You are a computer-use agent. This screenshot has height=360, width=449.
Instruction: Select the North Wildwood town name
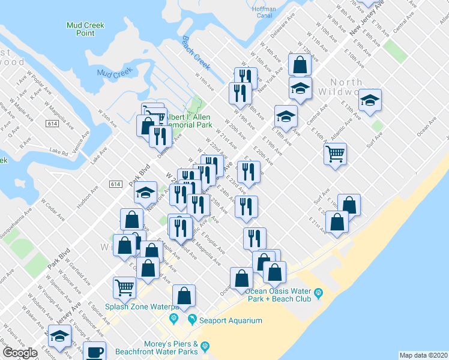coord(346,88)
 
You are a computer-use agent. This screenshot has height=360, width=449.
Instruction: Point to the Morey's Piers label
coord(160,343)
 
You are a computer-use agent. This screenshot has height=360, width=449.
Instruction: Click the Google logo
coord(20,352)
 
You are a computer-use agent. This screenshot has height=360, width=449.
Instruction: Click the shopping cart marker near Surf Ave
coord(335,153)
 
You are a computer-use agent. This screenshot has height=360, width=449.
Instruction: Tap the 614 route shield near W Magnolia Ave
coord(50,123)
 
